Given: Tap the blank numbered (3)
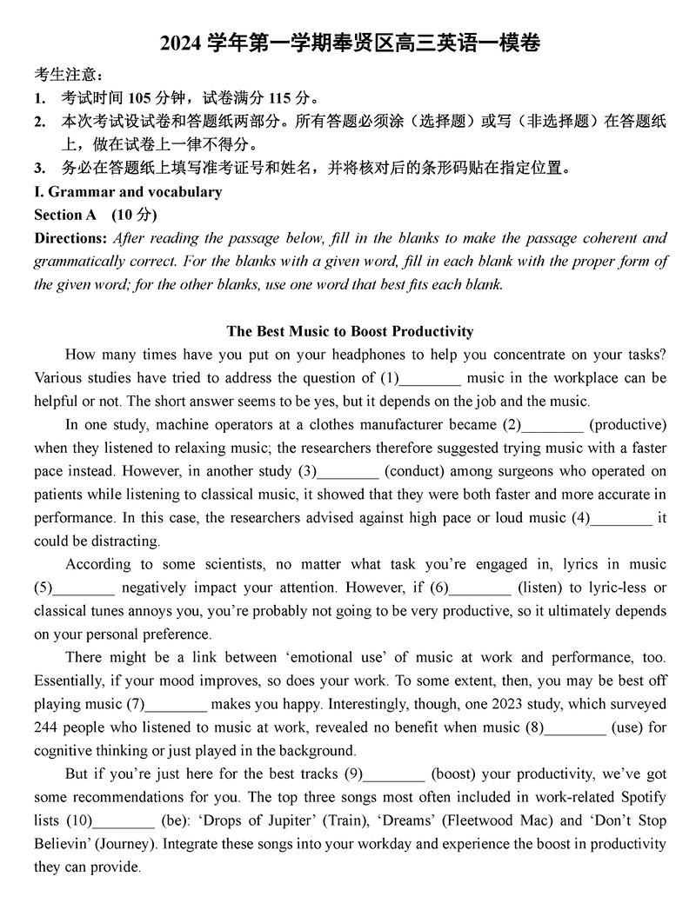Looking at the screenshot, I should pos(348,472).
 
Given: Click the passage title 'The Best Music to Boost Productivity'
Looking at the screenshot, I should pos(350,331).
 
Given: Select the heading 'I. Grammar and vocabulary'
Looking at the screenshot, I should pos(128,192).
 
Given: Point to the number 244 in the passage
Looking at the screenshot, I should pos(46,727).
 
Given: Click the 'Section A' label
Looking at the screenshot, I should pos(66,215).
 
